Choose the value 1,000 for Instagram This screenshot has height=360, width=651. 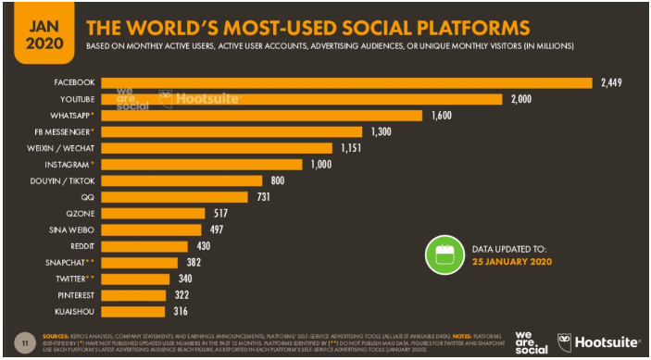[321, 165]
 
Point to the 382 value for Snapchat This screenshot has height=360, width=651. [192, 262]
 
